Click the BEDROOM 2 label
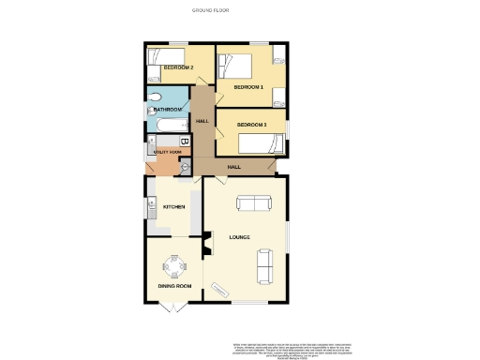coord(178,68)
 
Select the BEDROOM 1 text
coord(248,86)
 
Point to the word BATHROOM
coord(162,111)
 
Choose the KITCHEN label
coord(173,206)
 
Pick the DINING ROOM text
coord(173,285)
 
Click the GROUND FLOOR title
coord(211,9)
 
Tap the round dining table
coord(174,266)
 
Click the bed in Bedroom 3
coord(263,143)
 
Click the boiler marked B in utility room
coord(184,142)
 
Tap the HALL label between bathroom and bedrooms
coord(202,121)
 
